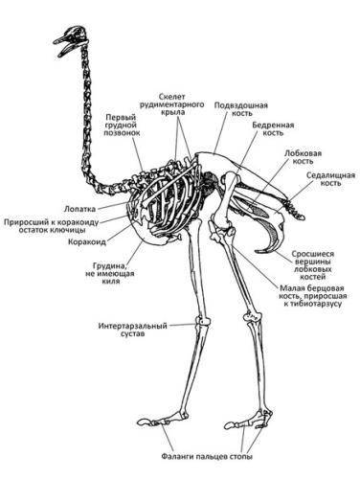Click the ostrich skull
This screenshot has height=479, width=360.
[x=71, y=40]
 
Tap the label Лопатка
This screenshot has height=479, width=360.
[x=79, y=209]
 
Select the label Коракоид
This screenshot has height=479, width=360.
[x=87, y=242]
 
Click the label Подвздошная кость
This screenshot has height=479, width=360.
[x=241, y=109]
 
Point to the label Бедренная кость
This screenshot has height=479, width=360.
[x=273, y=128]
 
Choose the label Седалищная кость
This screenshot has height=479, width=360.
[x=330, y=179]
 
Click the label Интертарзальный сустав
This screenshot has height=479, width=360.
[x=133, y=330]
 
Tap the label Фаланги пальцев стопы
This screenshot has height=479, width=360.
[x=207, y=456]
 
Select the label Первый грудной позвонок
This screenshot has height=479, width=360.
[x=122, y=125]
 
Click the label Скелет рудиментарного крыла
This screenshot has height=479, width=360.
[x=176, y=104]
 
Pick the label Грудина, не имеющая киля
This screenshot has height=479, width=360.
[x=110, y=273]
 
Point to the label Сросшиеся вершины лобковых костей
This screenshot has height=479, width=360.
[x=313, y=265]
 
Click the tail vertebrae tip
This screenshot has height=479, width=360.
[x=302, y=217]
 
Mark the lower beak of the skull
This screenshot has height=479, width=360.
[x=68, y=49]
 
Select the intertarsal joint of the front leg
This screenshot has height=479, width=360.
[x=203, y=320]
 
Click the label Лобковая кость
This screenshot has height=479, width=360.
[x=303, y=157]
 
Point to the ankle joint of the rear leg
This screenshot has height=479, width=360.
[x=252, y=317]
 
